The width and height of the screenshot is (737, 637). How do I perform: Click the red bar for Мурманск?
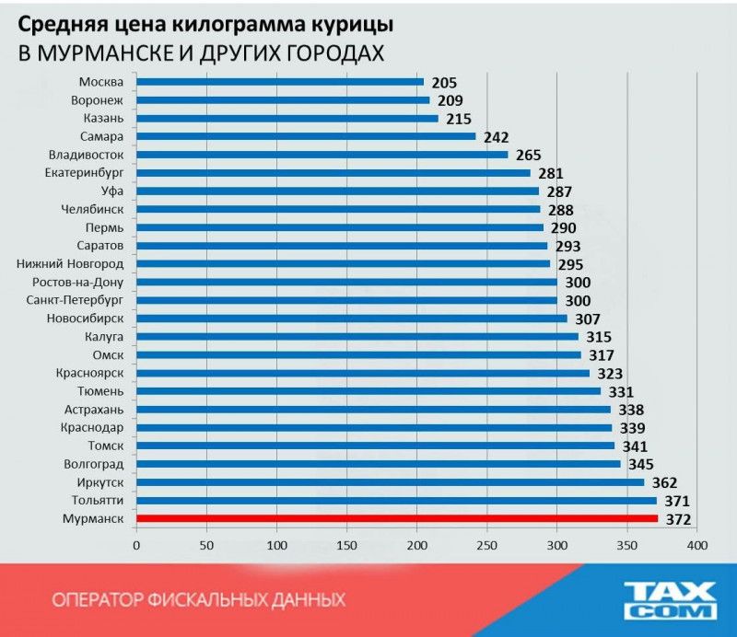pyautogui.click(x=396, y=519)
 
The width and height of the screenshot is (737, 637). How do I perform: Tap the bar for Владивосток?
pyautogui.click(x=322, y=155)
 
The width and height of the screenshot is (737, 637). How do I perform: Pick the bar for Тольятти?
pyautogui.click(x=396, y=501)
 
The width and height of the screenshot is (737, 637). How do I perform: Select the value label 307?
pyautogui.click(x=587, y=319)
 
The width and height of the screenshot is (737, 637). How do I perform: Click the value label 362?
pyautogui.click(x=663, y=483)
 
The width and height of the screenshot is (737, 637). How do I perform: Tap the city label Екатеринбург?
pyautogui.click(x=84, y=173)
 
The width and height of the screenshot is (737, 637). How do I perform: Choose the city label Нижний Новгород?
pyautogui.click(x=71, y=264)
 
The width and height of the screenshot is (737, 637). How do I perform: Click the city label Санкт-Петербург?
pyautogui.click(x=77, y=300)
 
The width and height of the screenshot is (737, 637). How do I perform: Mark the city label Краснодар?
pyautogui.click(x=93, y=428)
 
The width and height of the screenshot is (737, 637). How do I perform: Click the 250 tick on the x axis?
pyautogui.click(x=486, y=546)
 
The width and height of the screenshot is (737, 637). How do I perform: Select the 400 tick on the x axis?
pyautogui.click(x=696, y=546)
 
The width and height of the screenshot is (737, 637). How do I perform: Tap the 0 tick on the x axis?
pyautogui.click(x=136, y=546)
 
